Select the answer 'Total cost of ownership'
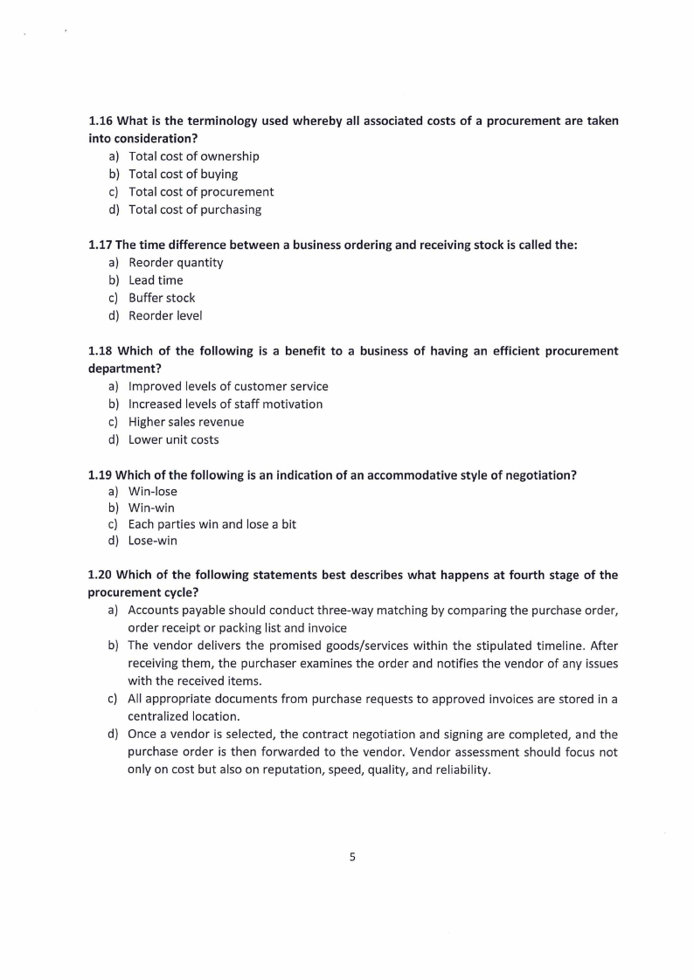tap(193, 156)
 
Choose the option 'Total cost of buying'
tap(183, 174)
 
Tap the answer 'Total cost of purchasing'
tap(194, 210)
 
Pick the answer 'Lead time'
tap(156, 280)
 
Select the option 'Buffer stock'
tap(162, 298)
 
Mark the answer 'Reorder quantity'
tap(176, 263)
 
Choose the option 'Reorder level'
tap(165, 316)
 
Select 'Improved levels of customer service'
tap(228, 386)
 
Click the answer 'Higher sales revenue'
tap(186, 422)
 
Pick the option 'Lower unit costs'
tap(173, 439)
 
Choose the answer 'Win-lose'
tap(152, 492)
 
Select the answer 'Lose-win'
tap(152, 541)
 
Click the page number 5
tap(352, 858)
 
